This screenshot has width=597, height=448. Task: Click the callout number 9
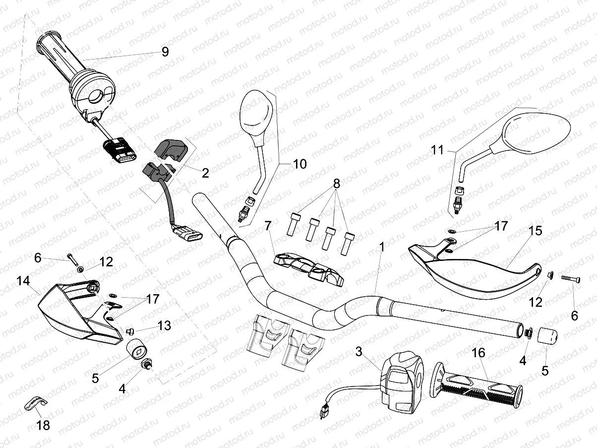click(165, 52)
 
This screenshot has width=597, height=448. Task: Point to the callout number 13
click(164, 325)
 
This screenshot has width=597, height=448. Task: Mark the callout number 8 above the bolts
click(337, 184)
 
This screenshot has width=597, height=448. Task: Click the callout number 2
click(205, 173)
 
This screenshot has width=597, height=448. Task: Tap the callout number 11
click(437, 150)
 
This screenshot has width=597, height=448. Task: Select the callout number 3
click(359, 352)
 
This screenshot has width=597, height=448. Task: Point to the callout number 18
click(44, 425)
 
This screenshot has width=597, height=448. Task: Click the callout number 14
click(23, 281)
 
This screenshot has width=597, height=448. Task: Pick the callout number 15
click(536, 231)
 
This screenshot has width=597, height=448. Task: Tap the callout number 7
click(268, 226)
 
